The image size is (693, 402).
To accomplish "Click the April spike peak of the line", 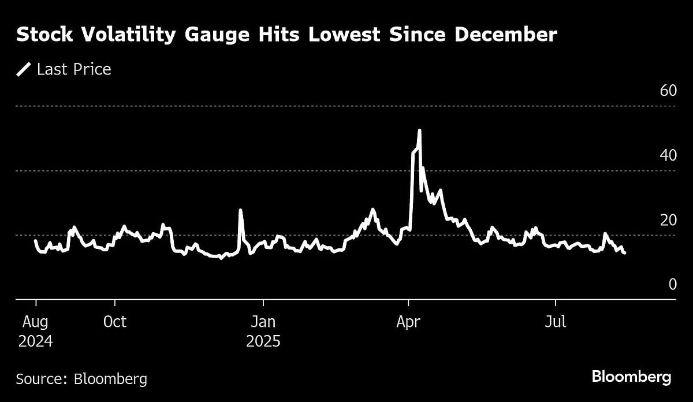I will [x=419, y=131].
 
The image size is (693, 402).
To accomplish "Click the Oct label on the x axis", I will [x=115, y=322].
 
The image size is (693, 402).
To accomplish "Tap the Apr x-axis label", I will [x=408, y=322].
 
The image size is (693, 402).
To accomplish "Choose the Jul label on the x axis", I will [x=556, y=322].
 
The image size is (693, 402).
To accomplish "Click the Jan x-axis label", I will [x=263, y=322].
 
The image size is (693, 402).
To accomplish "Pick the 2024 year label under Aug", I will [x=35, y=341].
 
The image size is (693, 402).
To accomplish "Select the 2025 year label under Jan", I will [x=263, y=341].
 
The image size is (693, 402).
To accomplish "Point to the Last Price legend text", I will [x=73, y=70].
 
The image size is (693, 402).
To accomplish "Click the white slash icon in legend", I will [x=24, y=70].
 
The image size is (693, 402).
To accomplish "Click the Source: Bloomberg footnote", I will [x=81, y=379].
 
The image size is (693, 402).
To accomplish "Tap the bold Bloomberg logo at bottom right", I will [x=631, y=378].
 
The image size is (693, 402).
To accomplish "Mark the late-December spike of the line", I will [x=240, y=210].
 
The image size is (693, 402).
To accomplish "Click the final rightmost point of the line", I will [x=624, y=252].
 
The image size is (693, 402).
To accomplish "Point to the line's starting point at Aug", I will [x=35, y=240].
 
